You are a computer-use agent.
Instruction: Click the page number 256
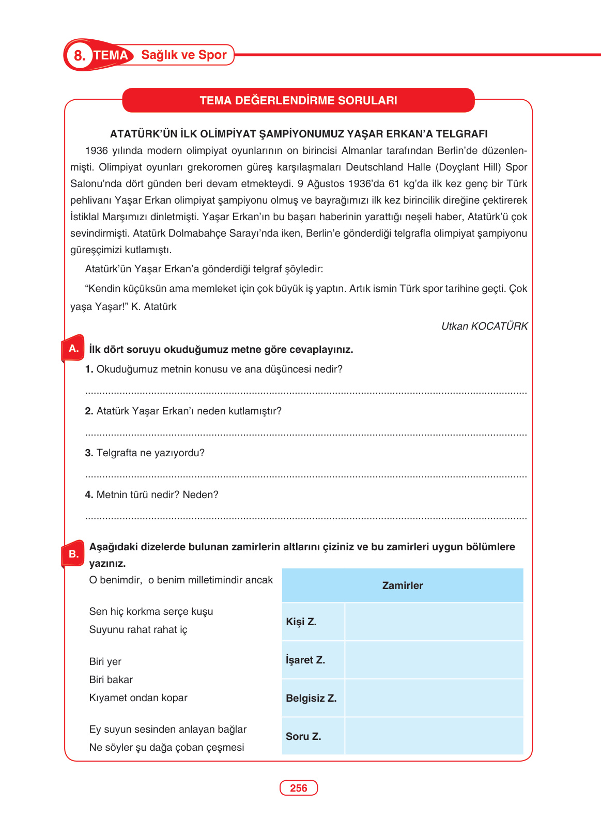pyautogui.click(x=299, y=788)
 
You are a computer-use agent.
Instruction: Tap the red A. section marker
pyautogui.click(x=73, y=349)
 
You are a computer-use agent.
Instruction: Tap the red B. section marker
pyautogui.click(x=73, y=554)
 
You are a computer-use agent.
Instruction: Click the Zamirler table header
pyautogui.click(x=402, y=585)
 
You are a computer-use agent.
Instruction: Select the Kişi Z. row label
pyautogui.click(x=301, y=622)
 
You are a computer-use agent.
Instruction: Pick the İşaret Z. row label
pyautogui.click(x=305, y=660)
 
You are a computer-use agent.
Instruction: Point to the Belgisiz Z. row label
pyautogui.click(x=311, y=698)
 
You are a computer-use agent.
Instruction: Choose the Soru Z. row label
pyautogui.click(x=303, y=736)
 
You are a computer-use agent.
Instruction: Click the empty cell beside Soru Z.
pyautogui.click(x=434, y=736)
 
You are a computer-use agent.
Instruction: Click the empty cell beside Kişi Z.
pyautogui.click(x=434, y=622)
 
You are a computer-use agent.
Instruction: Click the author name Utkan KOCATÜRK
pyautogui.click(x=484, y=326)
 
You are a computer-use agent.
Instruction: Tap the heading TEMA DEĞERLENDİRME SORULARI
pyautogui.click(x=298, y=100)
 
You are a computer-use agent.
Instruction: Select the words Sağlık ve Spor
pyautogui.click(x=184, y=55)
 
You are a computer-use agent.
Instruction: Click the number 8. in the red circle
pyautogui.click(x=79, y=55)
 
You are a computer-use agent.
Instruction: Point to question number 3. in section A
pyautogui.click(x=89, y=453)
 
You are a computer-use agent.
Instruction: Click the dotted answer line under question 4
pyautogui.click(x=305, y=517)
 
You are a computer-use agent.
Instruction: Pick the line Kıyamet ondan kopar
pyautogui.click(x=138, y=698)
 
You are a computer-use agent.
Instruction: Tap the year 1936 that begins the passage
pyautogui.click(x=96, y=151)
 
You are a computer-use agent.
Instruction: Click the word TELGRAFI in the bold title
pyautogui.click(x=461, y=134)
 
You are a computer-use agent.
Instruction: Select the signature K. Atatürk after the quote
pyautogui.click(x=153, y=306)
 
